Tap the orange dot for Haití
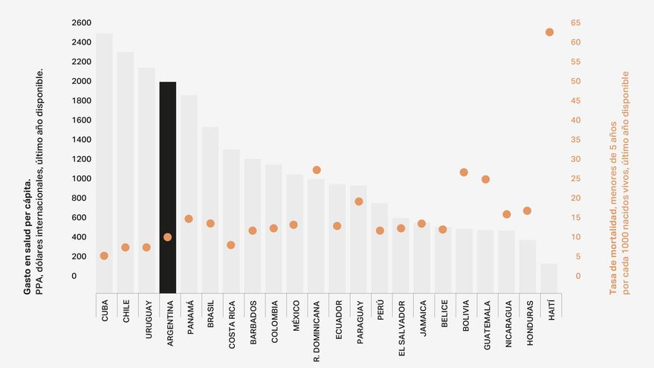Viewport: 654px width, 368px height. click(549, 32)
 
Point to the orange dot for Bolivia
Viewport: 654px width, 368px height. click(464, 172)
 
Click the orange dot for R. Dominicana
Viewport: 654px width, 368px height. click(317, 170)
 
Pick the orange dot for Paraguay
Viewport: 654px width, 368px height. click(359, 201)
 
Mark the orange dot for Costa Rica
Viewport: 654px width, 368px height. click(231, 245)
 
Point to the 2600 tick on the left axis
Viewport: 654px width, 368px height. click(82, 23)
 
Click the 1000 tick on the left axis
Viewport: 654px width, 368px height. click(82, 178)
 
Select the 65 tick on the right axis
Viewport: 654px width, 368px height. click(575, 23)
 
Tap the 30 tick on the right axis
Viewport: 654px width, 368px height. click(575, 159)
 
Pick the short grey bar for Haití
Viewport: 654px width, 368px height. click(549, 277)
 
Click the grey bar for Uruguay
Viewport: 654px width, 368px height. click(146, 178)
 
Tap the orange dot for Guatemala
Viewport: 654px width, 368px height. click(485, 179)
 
